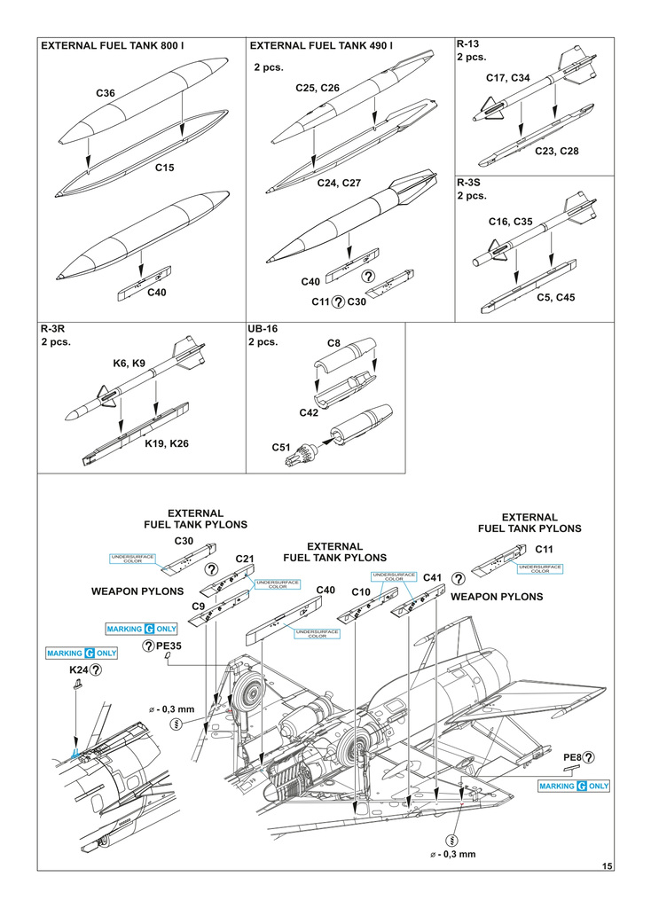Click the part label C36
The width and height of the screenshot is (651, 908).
tap(106, 92)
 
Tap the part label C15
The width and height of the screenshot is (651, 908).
tap(165, 167)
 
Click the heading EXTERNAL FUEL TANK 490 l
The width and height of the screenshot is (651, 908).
tap(321, 45)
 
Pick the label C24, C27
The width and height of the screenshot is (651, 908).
tap(339, 183)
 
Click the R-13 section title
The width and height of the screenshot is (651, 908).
tap(468, 43)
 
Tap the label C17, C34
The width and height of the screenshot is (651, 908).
tap(508, 78)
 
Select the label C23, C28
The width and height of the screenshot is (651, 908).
tap(556, 152)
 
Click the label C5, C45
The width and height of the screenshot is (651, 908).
tap(555, 297)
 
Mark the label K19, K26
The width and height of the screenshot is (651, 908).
tap(167, 442)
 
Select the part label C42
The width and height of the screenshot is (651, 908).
tap(310, 412)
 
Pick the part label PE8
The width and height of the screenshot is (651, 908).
tap(573, 757)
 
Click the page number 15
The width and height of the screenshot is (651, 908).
tap(606, 865)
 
